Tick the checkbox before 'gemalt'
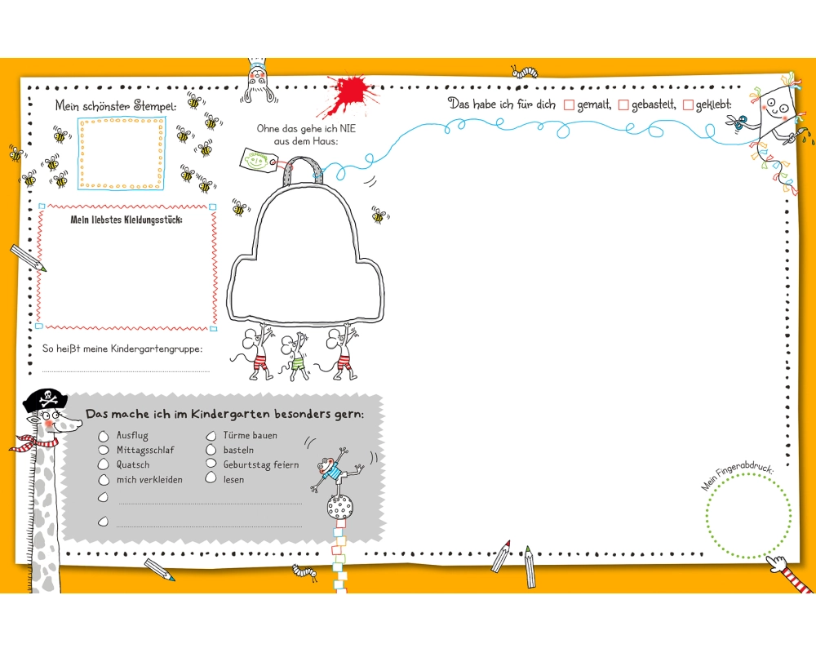click(570, 105)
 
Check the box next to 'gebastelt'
click(623, 105)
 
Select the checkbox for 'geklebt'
click(688, 105)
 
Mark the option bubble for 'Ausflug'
click(104, 436)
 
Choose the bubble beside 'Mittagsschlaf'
click(104, 450)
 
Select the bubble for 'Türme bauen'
click(211, 436)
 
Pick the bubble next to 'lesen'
click(211, 479)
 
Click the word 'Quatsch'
click(133, 465)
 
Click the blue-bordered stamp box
click(122, 153)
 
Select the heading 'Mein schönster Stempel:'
click(116, 105)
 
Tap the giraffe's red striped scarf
click(37, 443)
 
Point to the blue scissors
click(738, 123)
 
